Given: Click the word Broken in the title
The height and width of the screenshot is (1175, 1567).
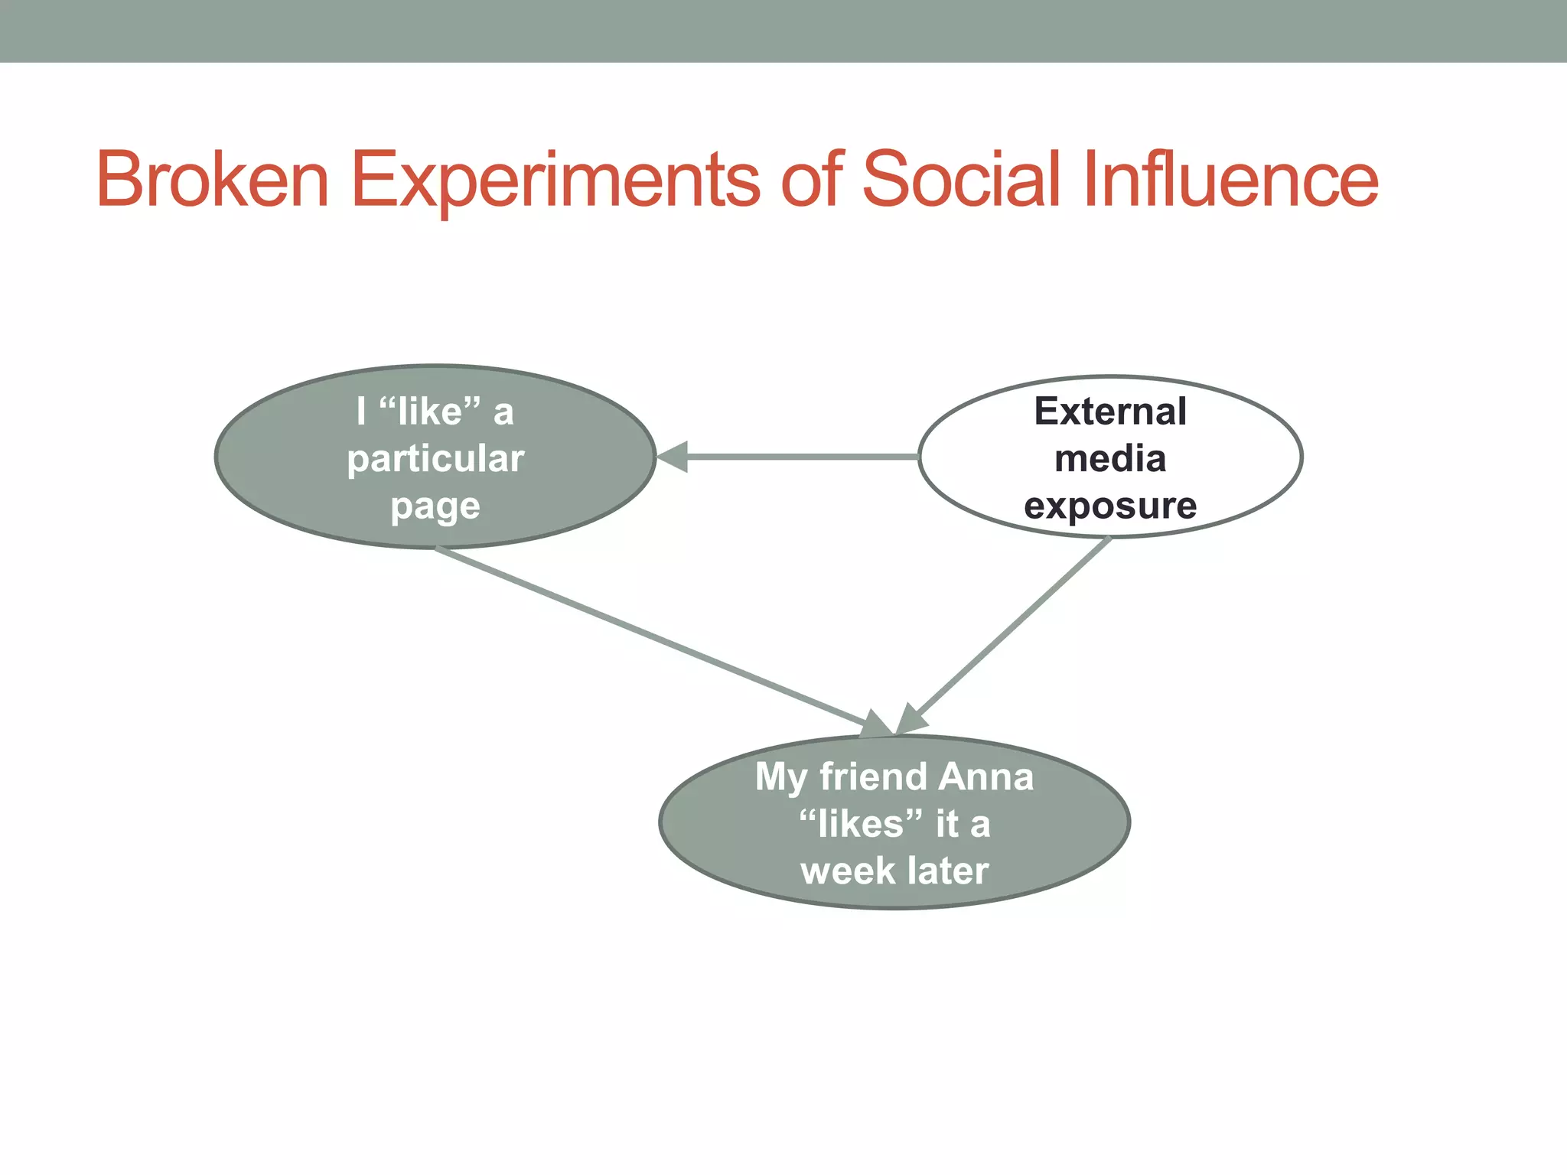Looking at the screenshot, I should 213,180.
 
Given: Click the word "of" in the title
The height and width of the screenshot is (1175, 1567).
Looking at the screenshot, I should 812,180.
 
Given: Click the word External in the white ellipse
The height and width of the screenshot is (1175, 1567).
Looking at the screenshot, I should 1110,412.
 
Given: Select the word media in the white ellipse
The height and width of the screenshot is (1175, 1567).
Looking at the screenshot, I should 1110,459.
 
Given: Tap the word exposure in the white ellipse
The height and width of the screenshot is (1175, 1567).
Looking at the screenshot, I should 1110,506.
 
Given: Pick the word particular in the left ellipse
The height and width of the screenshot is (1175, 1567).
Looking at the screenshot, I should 435,459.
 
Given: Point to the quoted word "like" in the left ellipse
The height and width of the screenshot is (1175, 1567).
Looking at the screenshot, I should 431,412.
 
